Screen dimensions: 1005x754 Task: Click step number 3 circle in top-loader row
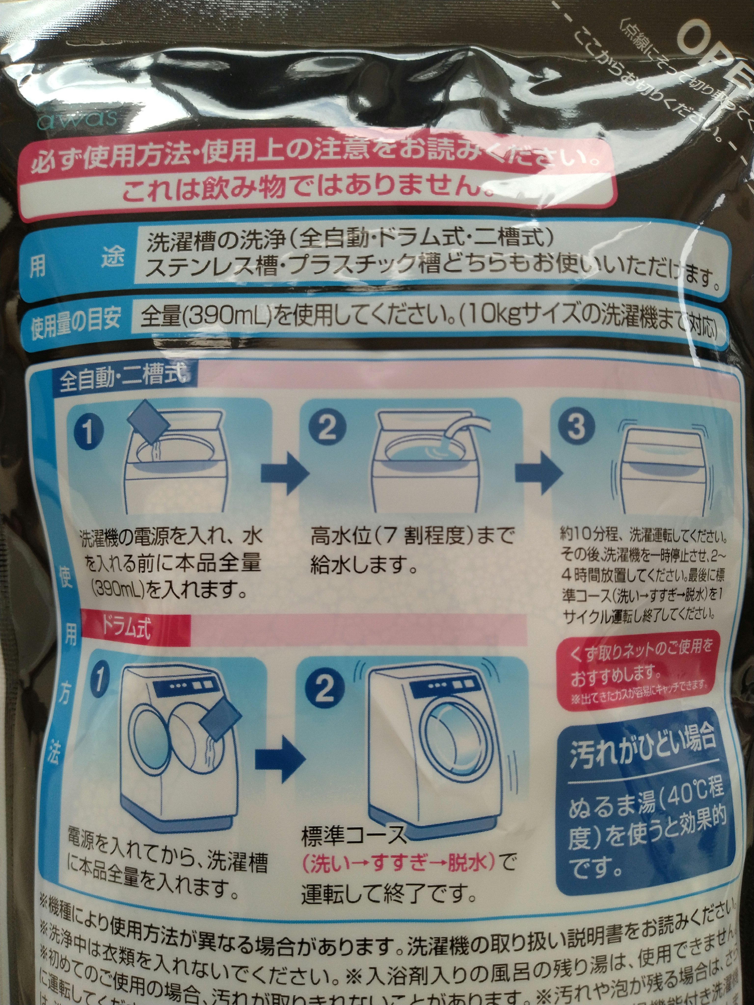click(x=576, y=426)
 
